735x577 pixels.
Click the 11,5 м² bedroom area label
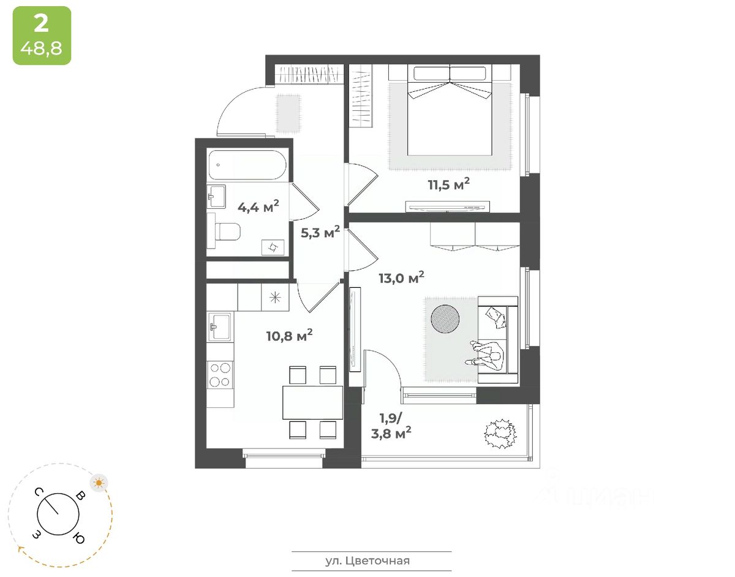(448, 184)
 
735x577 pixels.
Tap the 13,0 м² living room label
(401, 277)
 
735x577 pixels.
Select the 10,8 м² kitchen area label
(289, 335)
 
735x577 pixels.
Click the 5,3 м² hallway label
(320, 232)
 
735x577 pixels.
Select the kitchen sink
(219, 326)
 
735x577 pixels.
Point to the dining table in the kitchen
(312, 402)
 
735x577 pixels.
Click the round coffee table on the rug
(445, 318)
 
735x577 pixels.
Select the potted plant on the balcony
(499, 434)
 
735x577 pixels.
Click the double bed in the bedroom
(450, 110)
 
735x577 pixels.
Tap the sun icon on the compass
(99, 483)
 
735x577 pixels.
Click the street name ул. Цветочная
(367, 560)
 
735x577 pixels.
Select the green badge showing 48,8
(42, 36)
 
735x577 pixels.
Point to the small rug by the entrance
(287, 113)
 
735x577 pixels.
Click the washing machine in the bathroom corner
(273, 247)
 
